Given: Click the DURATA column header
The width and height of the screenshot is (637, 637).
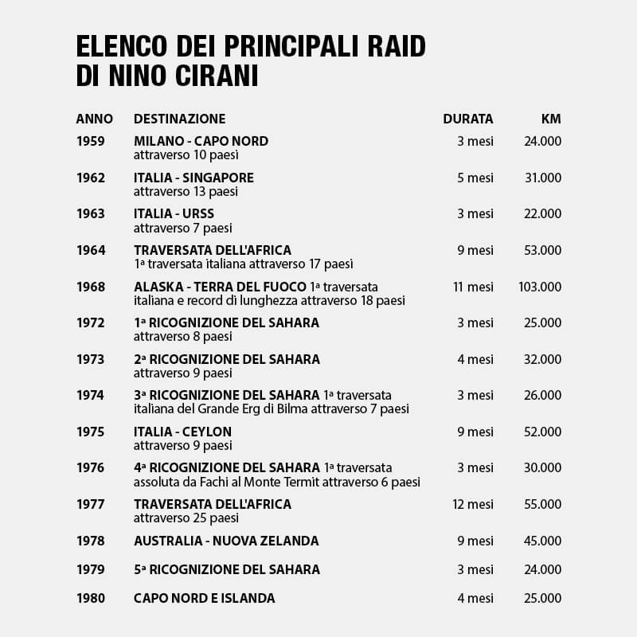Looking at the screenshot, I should pos(468,119).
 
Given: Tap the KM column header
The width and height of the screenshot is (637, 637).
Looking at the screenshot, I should pos(551,119).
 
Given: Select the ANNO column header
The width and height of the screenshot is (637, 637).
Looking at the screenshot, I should pos(94,119).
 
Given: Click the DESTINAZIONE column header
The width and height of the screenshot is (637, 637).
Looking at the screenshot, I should pos(179,119).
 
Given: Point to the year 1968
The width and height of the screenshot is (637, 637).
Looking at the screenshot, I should pos(91,287).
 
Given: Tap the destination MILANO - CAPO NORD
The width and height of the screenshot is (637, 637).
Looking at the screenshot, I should pos(201,141).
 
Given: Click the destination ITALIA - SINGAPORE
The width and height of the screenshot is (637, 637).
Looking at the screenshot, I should pos(193,178).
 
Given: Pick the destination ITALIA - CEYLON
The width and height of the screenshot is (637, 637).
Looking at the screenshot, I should pos(182,432).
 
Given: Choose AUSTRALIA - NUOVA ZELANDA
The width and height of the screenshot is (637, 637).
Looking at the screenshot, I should pos(226,541).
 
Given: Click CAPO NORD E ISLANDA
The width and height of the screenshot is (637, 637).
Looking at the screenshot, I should pos(204,598).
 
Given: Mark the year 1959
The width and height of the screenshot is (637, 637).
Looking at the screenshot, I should pos(91,141).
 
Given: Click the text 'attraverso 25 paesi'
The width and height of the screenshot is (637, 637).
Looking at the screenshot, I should pos(182,518).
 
